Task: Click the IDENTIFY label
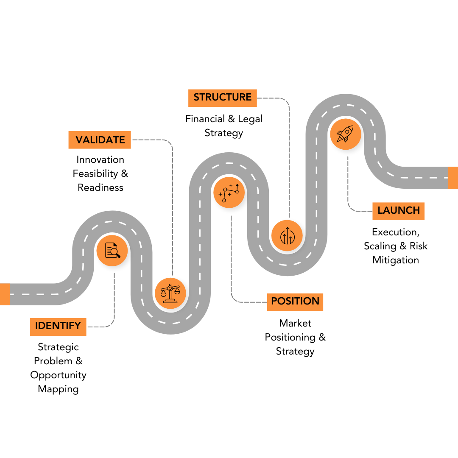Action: click(58, 327)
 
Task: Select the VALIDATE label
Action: click(100, 140)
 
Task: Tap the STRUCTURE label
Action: click(222, 98)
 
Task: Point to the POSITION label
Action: click(295, 302)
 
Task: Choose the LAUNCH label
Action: click(398, 211)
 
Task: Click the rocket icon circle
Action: click(345, 134)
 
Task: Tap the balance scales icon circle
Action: click(170, 293)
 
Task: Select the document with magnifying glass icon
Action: click(112, 250)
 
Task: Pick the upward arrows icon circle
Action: click(287, 235)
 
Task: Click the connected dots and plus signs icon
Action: click(229, 192)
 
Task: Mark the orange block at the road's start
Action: click(5, 294)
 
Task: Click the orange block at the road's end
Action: click(452, 177)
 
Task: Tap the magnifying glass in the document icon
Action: click(115, 253)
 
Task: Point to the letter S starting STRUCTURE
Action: click(197, 98)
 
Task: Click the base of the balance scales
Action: click(170, 301)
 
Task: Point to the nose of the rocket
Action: click(351, 127)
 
